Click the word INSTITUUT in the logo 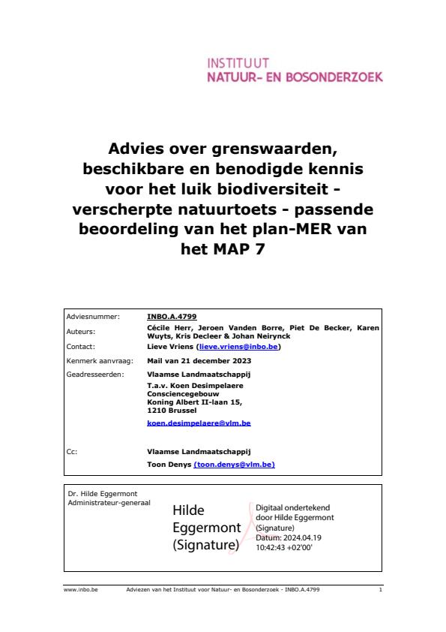coord(238,63)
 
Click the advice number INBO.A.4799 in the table coord(172,317)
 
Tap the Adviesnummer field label coord(94,317)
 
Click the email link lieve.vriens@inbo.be coord(238,347)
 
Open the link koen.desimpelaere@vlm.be coord(199,423)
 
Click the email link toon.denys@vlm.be coord(235,465)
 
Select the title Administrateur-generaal coord(109,501)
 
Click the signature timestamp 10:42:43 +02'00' coord(284,548)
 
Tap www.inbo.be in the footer coord(76,591)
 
